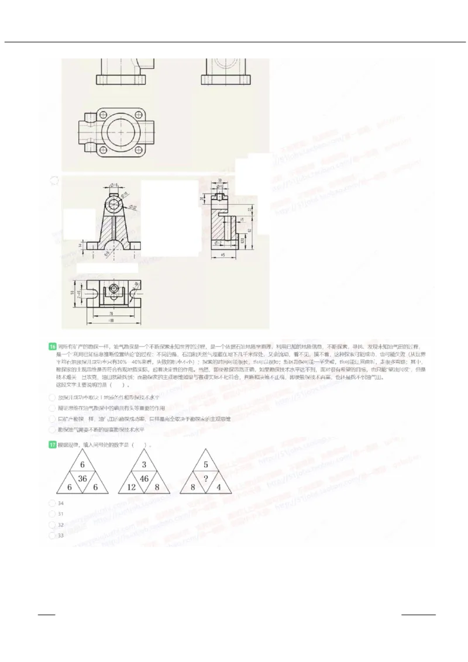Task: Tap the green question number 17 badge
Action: [x=53, y=445]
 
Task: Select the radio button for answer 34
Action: [x=52, y=503]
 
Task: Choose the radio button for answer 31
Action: [x=52, y=513]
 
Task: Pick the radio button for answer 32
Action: [x=52, y=525]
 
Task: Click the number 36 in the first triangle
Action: [x=82, y=479]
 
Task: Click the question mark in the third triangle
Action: [x=205, y=479]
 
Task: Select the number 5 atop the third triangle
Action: [x=205, y=466]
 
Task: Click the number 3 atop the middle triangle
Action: [x=144, y=466]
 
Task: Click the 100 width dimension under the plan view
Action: [x=110, y=321]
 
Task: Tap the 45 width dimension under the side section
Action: [x=223, y=256]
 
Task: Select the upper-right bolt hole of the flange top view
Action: [x=141, y=115]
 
